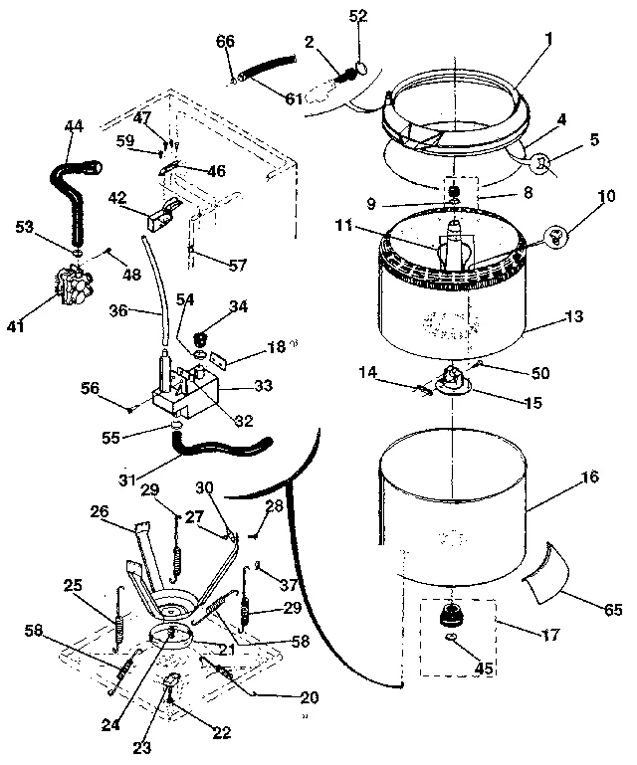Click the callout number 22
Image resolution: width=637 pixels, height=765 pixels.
click(221, 733)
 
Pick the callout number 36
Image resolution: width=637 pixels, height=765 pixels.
click(118, 310)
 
